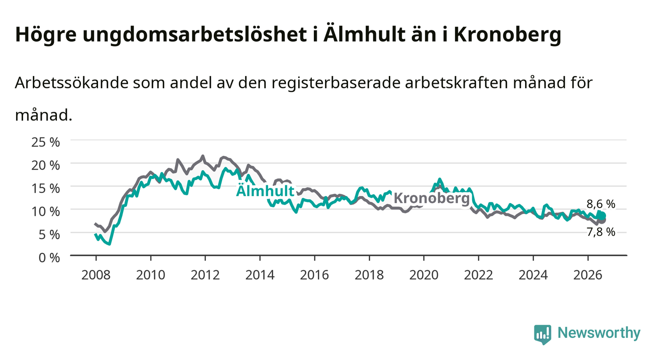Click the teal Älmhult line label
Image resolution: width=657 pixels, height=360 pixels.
(265, 191)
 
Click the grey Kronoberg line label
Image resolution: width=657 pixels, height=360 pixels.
(431, 198)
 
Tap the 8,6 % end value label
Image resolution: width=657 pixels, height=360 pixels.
(601, 204)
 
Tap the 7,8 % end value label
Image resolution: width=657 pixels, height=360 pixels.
(601, 232)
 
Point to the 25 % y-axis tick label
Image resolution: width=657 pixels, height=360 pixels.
(46, 142)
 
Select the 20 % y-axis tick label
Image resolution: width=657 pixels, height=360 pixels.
(46, 165)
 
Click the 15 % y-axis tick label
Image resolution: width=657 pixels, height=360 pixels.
(46, 188)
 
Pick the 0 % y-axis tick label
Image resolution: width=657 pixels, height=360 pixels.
(49, 257)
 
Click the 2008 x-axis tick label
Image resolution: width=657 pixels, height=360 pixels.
(96, 275)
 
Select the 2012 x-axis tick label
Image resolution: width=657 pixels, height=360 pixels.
(205, 275)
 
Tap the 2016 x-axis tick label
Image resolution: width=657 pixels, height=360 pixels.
(314, 275)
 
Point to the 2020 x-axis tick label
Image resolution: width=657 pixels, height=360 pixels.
(424, 275)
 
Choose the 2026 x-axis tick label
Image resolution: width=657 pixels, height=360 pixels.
(588, 275)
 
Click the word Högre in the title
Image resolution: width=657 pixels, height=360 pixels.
(46, 35)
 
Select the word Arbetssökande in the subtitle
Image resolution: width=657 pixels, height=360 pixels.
(72, 83)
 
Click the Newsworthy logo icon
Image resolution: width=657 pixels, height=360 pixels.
(543, 334)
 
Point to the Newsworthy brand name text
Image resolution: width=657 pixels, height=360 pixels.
(599, 333)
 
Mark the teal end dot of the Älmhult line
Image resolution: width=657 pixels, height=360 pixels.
(602, 216)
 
